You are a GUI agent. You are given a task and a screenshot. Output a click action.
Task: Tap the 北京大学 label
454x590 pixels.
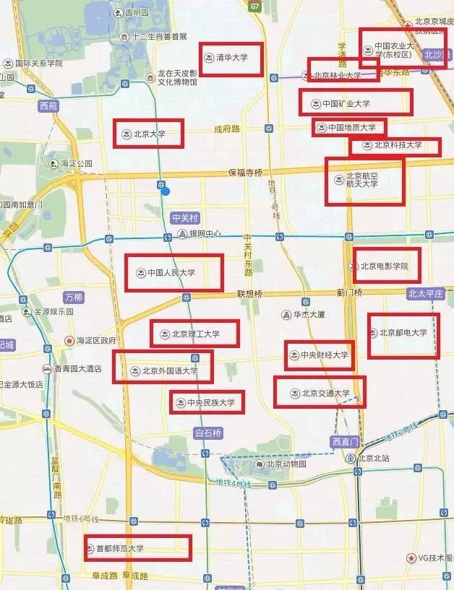[150, 134]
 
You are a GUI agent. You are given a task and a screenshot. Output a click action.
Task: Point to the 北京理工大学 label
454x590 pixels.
[195, 334]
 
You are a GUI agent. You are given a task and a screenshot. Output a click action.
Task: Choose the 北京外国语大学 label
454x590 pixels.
[169, 371]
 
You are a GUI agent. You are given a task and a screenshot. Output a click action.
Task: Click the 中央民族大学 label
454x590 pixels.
[210, 402]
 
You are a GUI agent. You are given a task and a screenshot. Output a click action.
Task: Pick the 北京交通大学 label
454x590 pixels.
[325, 393]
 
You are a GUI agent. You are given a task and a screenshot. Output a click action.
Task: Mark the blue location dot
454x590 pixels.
[166, 191]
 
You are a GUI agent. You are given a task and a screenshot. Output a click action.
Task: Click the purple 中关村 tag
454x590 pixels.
[184, 217]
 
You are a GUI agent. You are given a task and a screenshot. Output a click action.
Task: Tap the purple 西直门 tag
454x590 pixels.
[345, 441]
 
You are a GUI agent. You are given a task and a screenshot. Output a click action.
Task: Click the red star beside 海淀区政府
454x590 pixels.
[69, 340]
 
